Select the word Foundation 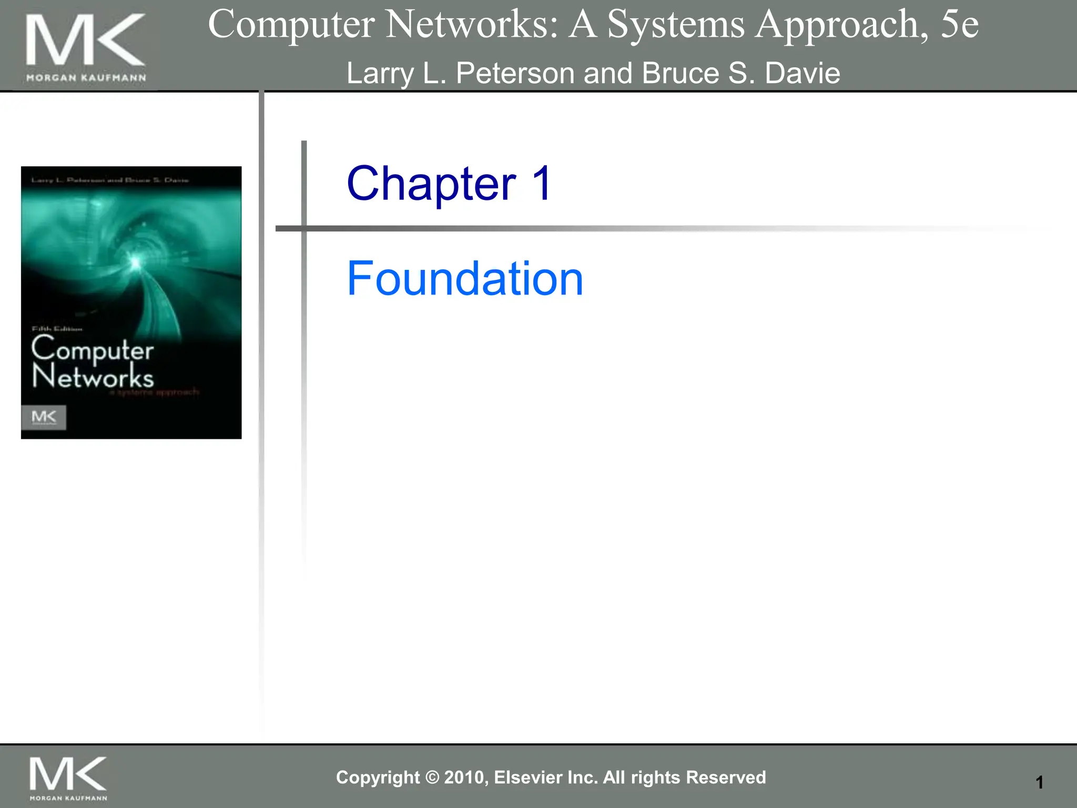coord(465,279)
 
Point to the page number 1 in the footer coord(1039,782)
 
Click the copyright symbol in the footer coord(432,777)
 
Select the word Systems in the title coord(676,25)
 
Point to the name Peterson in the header coord(514,73)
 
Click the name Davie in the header coord(802,73)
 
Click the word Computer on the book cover coord(93,349)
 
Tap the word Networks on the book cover coord(93,377)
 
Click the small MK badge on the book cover coord(44,417)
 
